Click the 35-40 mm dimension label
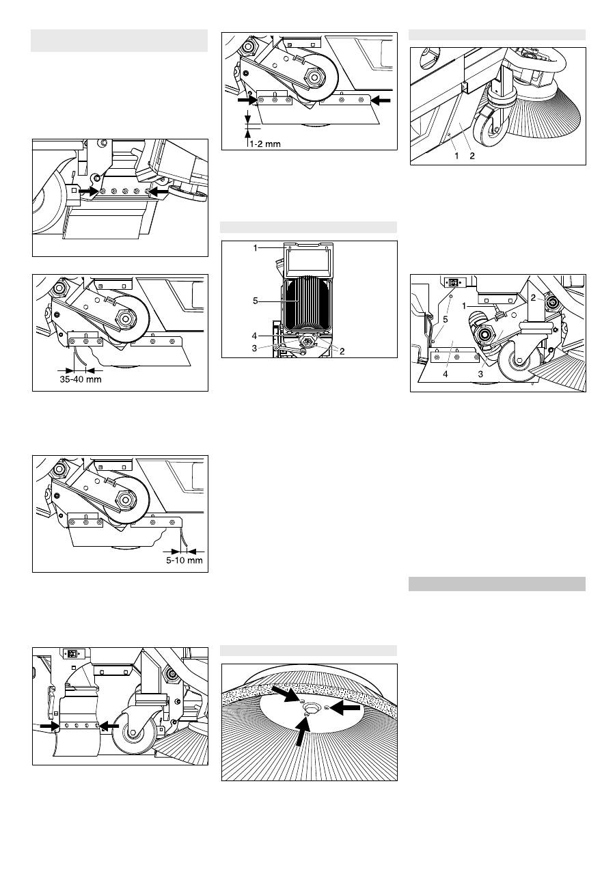click(x=81, y=379)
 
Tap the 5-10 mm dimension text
click(x=184, y=560)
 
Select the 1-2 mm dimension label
click(x=265, y=144)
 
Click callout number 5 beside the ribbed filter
click(x=255, y=301)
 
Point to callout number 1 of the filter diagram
click(x=255, y=247)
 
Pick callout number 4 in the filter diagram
click(x=254, y=336)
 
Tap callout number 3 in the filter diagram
click(x=254, y=348)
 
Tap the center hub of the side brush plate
click(x=309, y=707)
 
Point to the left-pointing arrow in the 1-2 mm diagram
click(x=381, y=100)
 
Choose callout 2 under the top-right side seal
click(x=471, y=156)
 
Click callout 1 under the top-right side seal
click(x=456, y=156)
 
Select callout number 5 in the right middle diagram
click(x=446, y=319)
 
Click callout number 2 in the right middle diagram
click(x=533, y=298)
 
